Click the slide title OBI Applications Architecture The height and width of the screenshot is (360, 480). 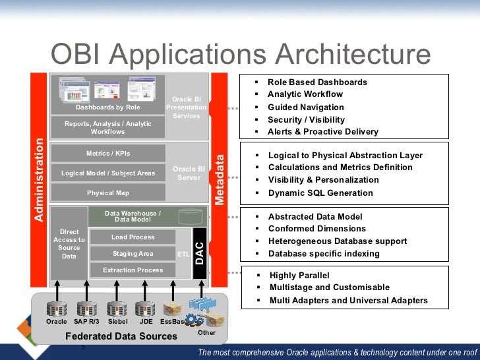[x=241, y=55]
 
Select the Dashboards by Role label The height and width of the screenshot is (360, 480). [x=107, y=107]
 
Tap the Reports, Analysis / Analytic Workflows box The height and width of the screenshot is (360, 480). [x=107, y=127]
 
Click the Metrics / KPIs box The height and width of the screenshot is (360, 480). [x=108, y=154]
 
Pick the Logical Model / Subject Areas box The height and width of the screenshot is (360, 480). [x=108, y=173]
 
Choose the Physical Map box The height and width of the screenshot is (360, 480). [x=108, y=193]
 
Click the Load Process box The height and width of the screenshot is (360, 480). [x=133, y=237]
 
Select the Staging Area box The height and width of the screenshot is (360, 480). [x=133, y=254]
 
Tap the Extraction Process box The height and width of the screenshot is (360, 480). [x=133, y=270]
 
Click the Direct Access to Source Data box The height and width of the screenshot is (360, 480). [x=69, y=244]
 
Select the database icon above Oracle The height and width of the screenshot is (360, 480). [x=57, y=309]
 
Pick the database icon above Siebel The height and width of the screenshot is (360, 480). [x=117, y=309]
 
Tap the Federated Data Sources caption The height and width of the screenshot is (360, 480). [x=121, y=336]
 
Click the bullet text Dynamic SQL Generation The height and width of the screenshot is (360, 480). [x=320, y=193]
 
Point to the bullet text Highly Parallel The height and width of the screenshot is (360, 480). [x=299, y=276]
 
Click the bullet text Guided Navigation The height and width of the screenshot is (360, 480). [x=305, y=107]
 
